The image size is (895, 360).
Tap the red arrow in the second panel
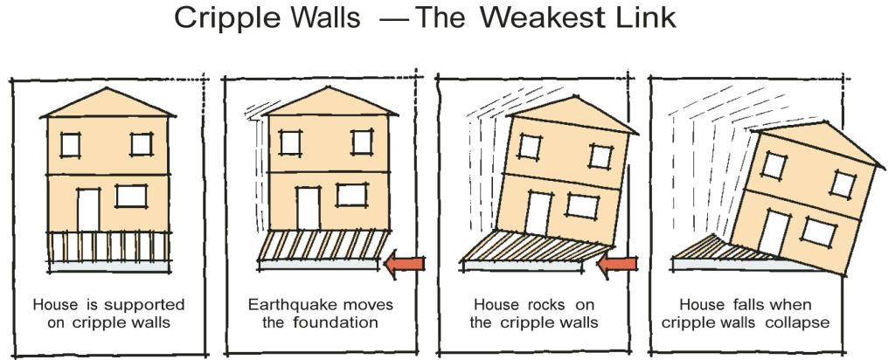406,261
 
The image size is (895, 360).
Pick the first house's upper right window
140,143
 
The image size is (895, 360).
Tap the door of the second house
307,208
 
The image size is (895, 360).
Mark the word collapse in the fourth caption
802,322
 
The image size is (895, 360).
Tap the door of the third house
538,213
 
